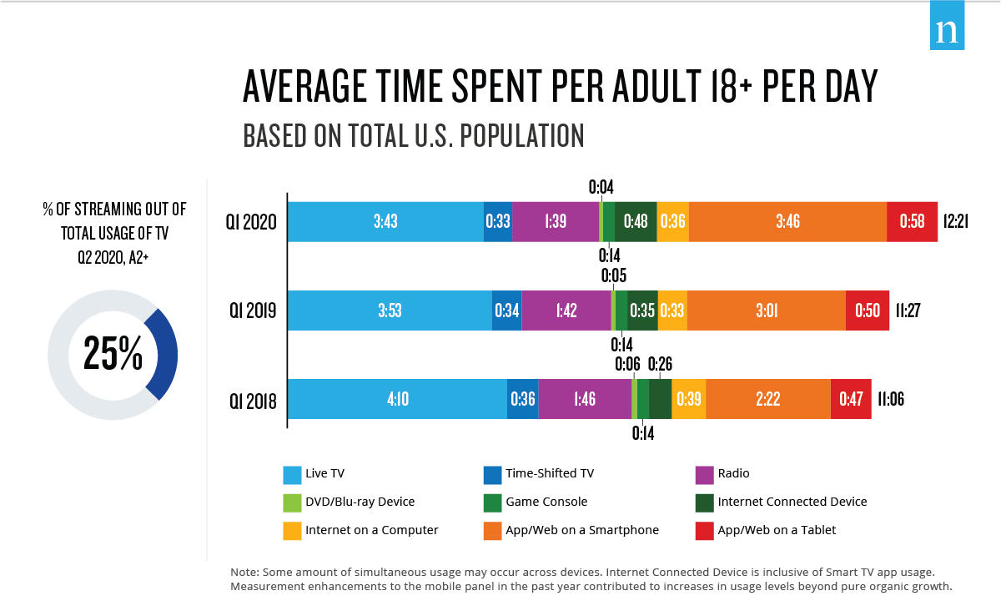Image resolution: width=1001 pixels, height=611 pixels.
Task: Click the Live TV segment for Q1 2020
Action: [x=385, y=221]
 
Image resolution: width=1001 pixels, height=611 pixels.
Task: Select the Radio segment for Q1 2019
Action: [x=566, y=311]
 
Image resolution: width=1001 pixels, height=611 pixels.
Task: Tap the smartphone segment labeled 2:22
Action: [x=767, y=399]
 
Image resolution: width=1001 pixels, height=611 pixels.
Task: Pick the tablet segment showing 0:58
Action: [x=912, y=221]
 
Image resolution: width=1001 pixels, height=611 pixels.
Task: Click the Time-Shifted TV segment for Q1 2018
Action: [x=522, y=399]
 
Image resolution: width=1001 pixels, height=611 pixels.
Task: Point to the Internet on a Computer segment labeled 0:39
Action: [x=688, y=399]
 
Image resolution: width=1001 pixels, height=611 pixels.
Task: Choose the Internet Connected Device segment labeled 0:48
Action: [x=636, y=221]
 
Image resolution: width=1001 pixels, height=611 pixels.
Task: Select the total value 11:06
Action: [x=891, y=399]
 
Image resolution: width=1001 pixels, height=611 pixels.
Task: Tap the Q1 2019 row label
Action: [x=254, y=311]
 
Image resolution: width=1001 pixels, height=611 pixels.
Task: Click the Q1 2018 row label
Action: [x=254, y=400]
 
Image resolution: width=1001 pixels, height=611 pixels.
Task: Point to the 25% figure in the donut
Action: [x=113, y=355]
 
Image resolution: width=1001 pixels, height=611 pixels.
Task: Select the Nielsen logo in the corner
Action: [x=947, y=31]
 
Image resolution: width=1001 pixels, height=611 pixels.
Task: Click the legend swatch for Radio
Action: [x=705, y=474]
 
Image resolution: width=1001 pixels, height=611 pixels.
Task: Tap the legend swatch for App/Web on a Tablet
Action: [x=705, y=530]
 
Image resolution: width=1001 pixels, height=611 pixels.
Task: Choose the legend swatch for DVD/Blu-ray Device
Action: [x=292, y=502]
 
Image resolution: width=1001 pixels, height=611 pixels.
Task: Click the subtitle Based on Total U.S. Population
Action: [x=413, y=135]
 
